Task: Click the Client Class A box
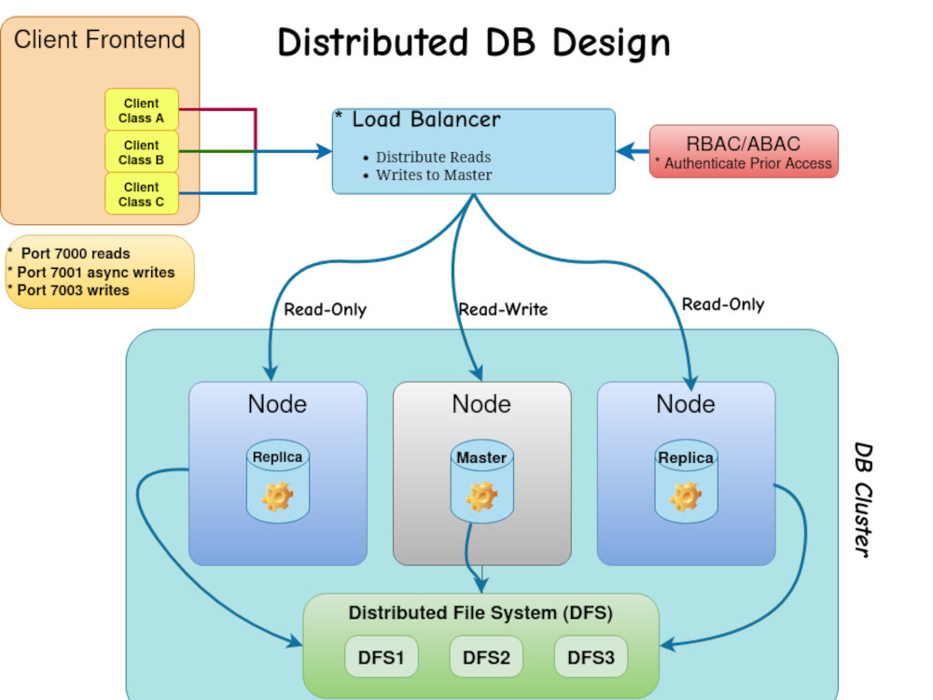tap(141, 110)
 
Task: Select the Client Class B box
tap(141, 152)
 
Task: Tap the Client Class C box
tap(141, 194)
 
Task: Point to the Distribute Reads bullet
tap(433, 157)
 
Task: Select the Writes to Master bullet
tap(434, 175)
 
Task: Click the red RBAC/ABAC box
tap(744, 152)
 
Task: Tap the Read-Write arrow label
tap(503, 309)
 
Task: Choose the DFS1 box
tap(382, 657)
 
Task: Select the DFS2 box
tap(486, 657)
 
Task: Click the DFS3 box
tap(591, 657)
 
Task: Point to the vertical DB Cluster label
tap(865, 499)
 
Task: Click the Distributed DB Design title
tap(474, 43)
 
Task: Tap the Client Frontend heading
tap(100, 40)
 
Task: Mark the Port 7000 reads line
tap(75, 254)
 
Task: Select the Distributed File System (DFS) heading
tap(480, 613)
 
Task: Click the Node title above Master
tap(481, 404)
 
